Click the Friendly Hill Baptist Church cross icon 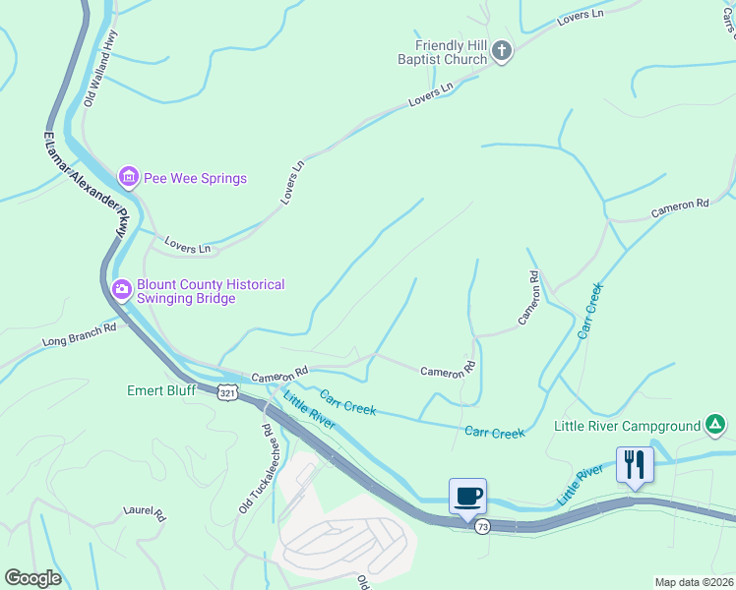(502, 51)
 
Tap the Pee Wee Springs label (195, 178)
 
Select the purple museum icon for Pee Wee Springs (128, 178)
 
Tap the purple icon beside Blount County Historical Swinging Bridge (122, 289)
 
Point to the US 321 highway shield (227, 391)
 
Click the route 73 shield (482, 527)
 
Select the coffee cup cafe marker (467, 496)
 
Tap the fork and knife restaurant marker (635, 463)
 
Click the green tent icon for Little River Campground (716, 426)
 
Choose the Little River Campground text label (627, 426)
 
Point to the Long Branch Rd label (79, 335)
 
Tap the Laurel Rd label (144, 513)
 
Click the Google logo (32, 578)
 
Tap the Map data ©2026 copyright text (693, 582)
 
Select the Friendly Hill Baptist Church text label (451, 52)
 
